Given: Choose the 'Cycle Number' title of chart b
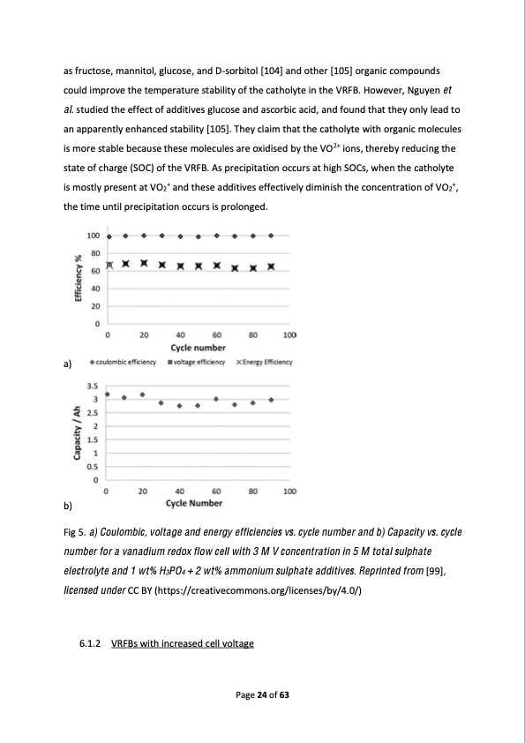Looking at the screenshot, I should point(194,504).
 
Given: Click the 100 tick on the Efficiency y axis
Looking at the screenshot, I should point(93,236).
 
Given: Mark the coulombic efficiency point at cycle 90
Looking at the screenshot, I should point(271,236).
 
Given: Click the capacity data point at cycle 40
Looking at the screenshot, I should point(179,406).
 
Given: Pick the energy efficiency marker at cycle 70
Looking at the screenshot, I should point(234,268).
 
